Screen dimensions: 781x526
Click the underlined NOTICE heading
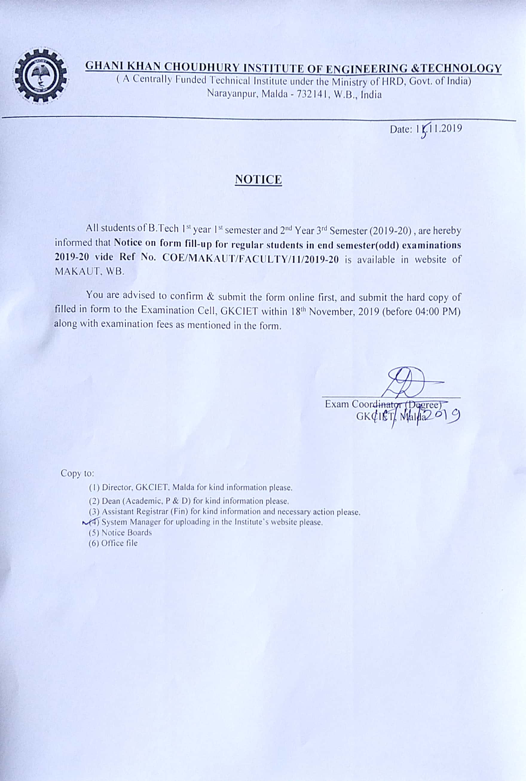258,180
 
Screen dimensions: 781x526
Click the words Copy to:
77,473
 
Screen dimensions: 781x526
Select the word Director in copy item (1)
118,487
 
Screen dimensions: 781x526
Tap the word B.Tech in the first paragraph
163,229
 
